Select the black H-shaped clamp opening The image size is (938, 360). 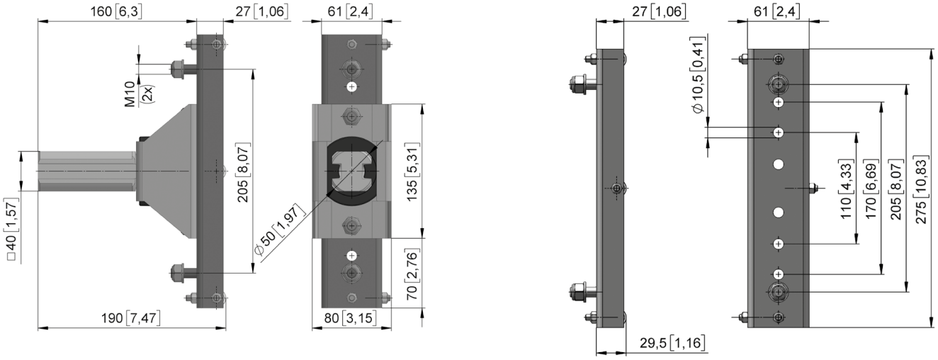click(351, 171)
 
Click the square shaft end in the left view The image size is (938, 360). click(86, 171)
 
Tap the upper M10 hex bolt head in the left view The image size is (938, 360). click(178, 69)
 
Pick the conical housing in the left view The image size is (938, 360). click(166, 171)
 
